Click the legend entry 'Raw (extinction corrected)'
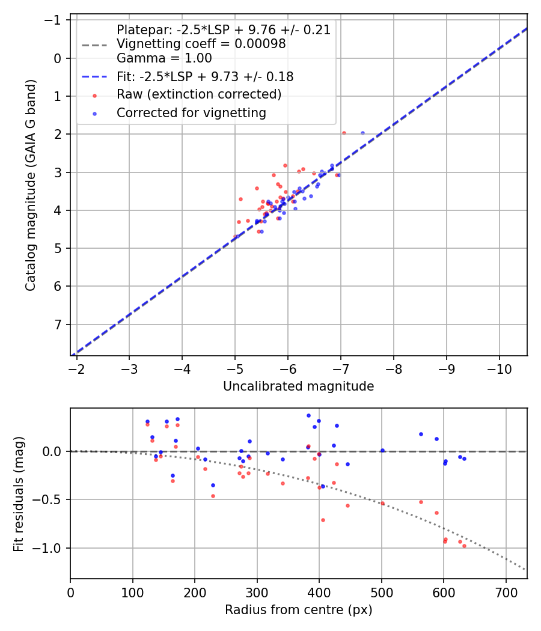(x=199, y=94)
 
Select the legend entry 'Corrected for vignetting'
(x=191, y=112)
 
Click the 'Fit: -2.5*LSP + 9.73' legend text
(x=205, y=76)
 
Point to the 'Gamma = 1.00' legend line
(x=164, y=58)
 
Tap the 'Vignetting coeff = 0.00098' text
(x=201, y=44)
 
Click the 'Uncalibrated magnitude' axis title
(x=298, y=386)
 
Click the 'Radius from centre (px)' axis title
(x=298, y=610)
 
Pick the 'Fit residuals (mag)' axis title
(x=19, y=493)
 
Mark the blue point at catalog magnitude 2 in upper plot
(x=362, y=133)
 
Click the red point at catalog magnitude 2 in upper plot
(x=344, y=133)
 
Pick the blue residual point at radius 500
(x=382, y=450)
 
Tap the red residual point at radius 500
(x=382, y=503)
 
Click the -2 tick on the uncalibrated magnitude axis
(x=76, y=368)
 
